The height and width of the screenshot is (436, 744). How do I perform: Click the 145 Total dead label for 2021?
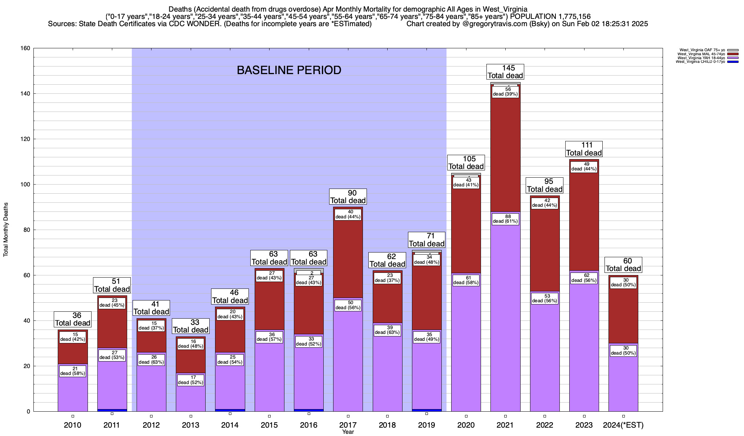[x=505, y=72]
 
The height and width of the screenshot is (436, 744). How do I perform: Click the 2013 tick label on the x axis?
[x=190, y=425]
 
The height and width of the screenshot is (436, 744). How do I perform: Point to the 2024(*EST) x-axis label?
[x=623, y=425]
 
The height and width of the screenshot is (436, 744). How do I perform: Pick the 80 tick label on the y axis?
[x=27, y=230]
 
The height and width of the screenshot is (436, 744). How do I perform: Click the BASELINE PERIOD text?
[x=289, y=70]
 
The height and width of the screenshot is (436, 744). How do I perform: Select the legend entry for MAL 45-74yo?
[x=701, y=54]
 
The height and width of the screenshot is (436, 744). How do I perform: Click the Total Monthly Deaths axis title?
[x=6, y=230]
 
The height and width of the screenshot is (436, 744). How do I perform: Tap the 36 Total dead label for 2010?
[x=73, y=319]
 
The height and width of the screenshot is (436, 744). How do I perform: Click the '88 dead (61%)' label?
[x=505, y=219]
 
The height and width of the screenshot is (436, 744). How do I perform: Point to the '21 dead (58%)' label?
[x=73, y=371]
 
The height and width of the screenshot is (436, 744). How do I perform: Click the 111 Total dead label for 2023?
[x=584, y=149]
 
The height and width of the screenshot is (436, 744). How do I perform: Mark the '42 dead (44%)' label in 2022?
[x=545, y=203]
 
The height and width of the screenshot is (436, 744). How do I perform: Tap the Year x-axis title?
[x=348, y=432]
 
